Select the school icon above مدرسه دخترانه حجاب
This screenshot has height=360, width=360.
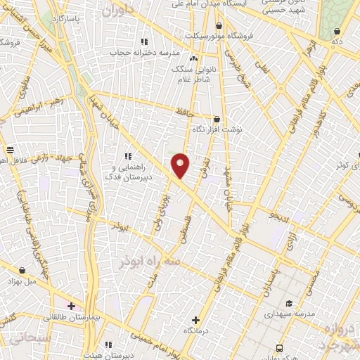pyautogui.click(x=144, y=41)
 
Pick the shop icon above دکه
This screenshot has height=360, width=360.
pyautogui.click(x=337, y=31)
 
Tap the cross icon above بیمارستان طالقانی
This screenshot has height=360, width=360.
pyautogui.click(x=71, y=306)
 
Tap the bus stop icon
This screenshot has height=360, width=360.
pyautogui.click(x=280, y=347)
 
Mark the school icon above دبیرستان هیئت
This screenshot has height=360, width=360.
pyautogui.click(x=108, y=345)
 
